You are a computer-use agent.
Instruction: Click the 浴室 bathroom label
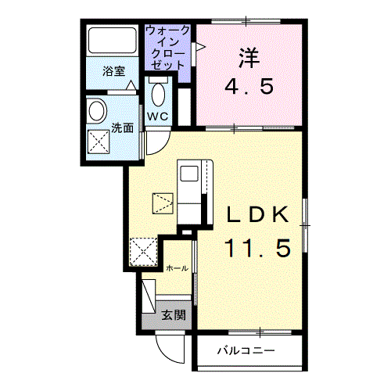[114, 70]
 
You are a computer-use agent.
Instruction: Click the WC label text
[158, 117]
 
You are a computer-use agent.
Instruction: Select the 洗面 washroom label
[121, 128]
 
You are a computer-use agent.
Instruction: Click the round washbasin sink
[98, 111]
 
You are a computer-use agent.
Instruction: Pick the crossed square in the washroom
[99, 142]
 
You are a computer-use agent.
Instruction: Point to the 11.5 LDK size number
[258, 248]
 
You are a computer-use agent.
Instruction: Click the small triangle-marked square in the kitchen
[162, 203]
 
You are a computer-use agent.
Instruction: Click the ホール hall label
[177, 268]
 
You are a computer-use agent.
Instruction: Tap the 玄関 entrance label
[174, 316]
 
